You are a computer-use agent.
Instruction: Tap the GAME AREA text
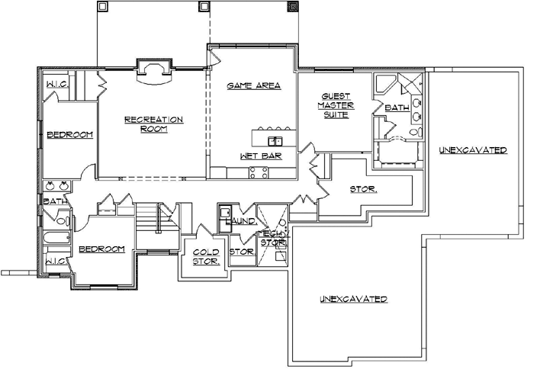click(254, 86)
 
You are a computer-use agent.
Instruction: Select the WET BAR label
click(256, 156)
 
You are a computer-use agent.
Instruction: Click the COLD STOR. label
click(205, 257)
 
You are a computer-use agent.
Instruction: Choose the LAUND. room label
click(242, 222)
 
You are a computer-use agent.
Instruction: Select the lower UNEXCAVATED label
click(353, 299)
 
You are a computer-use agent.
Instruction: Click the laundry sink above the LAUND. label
click(225, 211)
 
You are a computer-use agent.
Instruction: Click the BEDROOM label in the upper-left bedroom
click(70, 135)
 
